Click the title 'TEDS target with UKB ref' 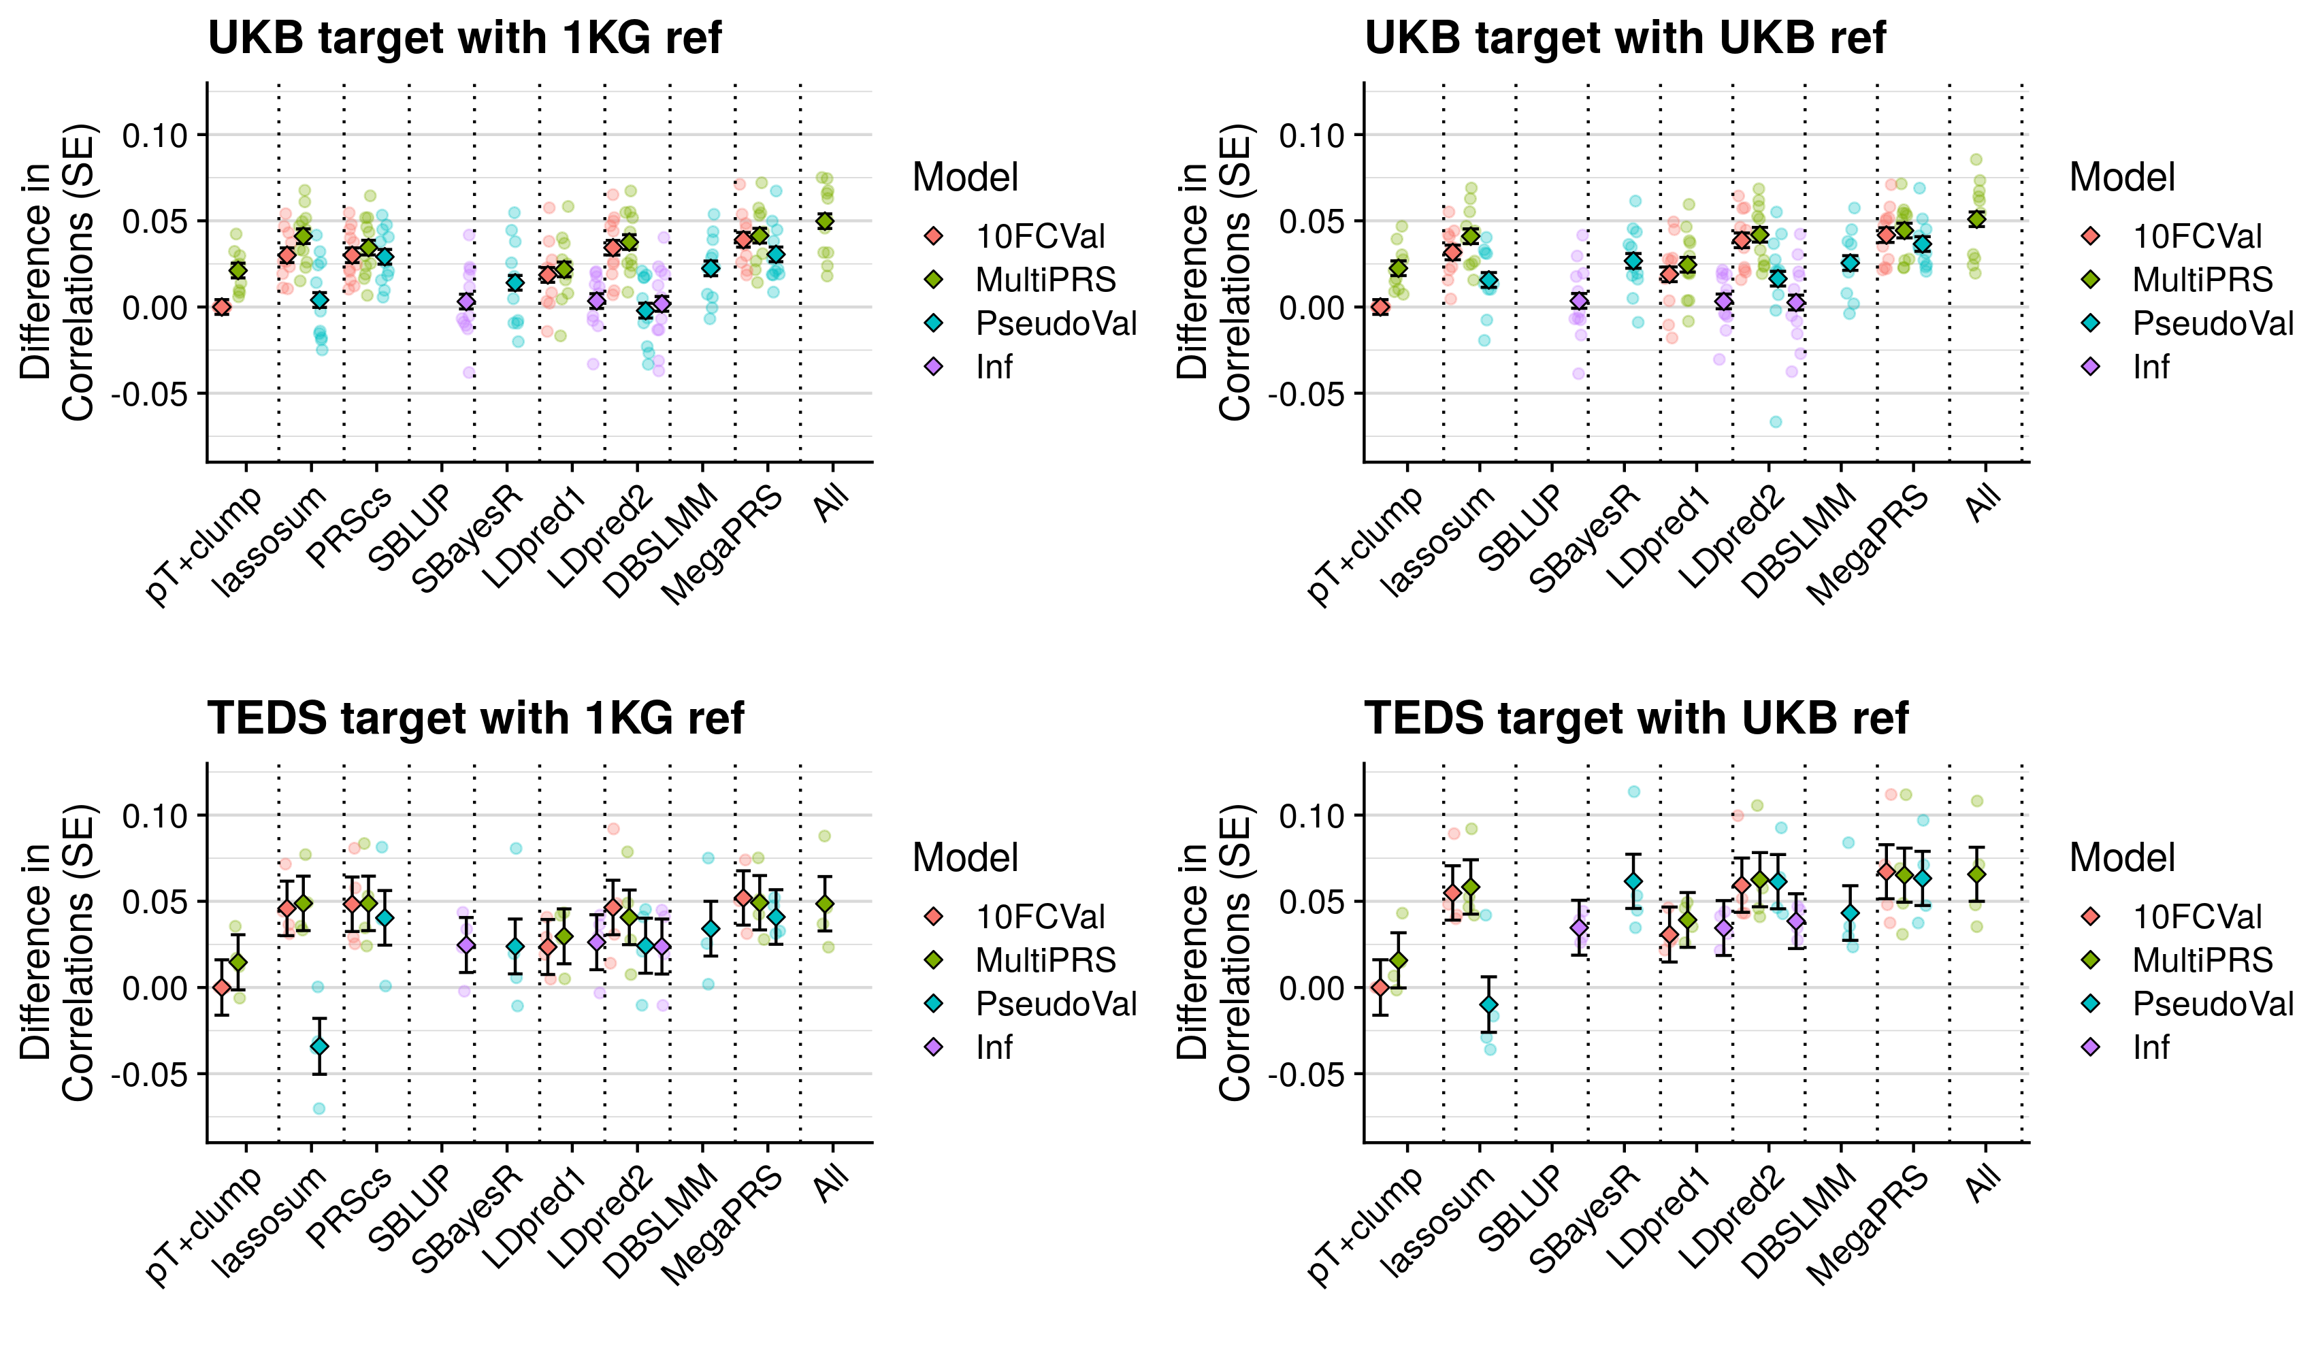coord(1635,718)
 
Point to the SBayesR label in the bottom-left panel coord(468,1217)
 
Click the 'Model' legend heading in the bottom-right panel coord(2122,857)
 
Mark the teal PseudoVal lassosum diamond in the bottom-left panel coord(320,1046)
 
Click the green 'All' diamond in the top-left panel coord(826,221)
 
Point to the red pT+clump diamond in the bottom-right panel coord(1380,987)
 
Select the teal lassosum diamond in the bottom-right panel coord(1488,1004)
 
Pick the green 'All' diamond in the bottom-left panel coord(826,904)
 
